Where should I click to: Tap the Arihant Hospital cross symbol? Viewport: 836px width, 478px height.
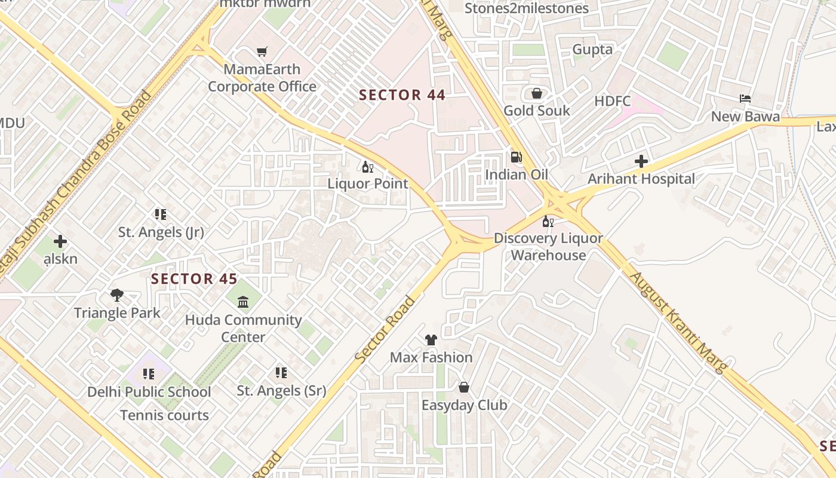641,161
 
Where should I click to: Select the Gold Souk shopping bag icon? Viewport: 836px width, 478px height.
536,93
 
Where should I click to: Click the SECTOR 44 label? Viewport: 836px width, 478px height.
402,95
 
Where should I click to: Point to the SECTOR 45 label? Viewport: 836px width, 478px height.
194,279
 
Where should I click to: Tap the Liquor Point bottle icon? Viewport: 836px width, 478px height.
367,167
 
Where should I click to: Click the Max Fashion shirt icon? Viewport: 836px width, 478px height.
431,340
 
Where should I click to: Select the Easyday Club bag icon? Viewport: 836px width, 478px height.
464,387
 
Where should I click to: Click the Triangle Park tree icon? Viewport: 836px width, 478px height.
117,295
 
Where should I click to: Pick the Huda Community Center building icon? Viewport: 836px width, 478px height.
243,302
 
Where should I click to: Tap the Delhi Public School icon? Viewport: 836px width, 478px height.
149,374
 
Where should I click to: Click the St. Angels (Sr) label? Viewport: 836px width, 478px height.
281,391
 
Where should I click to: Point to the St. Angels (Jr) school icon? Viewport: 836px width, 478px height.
160,214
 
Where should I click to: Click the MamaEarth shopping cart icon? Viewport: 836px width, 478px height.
262,52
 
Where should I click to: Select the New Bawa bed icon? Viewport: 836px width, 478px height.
745,99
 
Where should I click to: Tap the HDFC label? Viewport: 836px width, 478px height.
613,102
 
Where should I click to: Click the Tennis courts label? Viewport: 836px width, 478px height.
164,415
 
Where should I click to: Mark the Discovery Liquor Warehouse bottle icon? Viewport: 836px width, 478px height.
548,222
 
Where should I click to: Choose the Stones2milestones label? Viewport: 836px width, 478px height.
527,8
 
